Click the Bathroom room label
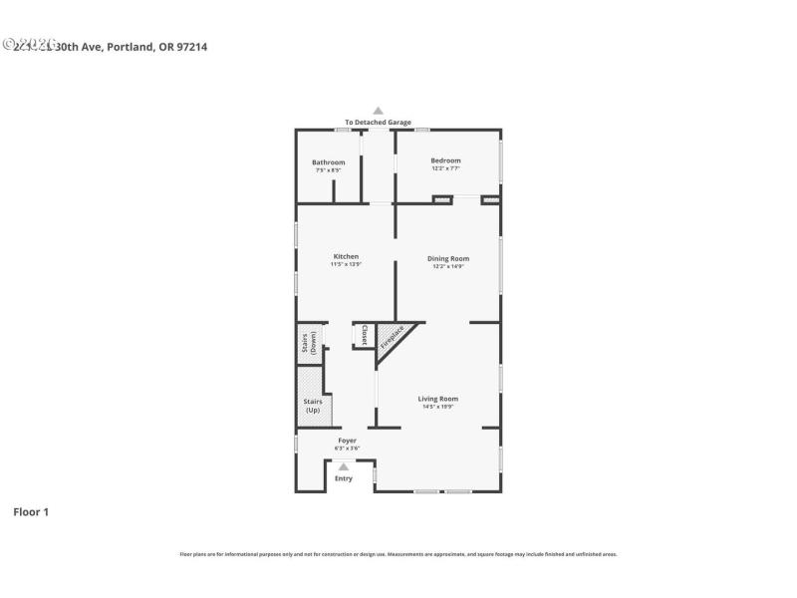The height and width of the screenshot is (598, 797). [328, 162]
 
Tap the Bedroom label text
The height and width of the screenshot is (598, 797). [445, 160]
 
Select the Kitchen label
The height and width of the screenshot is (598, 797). [345, 256]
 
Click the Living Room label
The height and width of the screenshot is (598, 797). [437, 399]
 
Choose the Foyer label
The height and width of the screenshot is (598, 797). [347, 440]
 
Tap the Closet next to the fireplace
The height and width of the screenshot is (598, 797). [365, 335]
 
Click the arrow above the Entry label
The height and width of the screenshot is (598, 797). [344, 466]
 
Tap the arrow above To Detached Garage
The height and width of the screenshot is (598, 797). [378, 111]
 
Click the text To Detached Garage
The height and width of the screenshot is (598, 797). [378, 123]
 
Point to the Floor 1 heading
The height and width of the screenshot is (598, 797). [30, 511]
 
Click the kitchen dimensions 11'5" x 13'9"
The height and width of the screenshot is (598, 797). [345, 265]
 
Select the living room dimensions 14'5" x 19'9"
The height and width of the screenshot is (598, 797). [437, 407]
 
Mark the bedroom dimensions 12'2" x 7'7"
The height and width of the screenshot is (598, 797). [445, 168]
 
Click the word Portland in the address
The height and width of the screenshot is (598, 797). [130, 46]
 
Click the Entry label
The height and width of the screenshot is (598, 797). [344, 478]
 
